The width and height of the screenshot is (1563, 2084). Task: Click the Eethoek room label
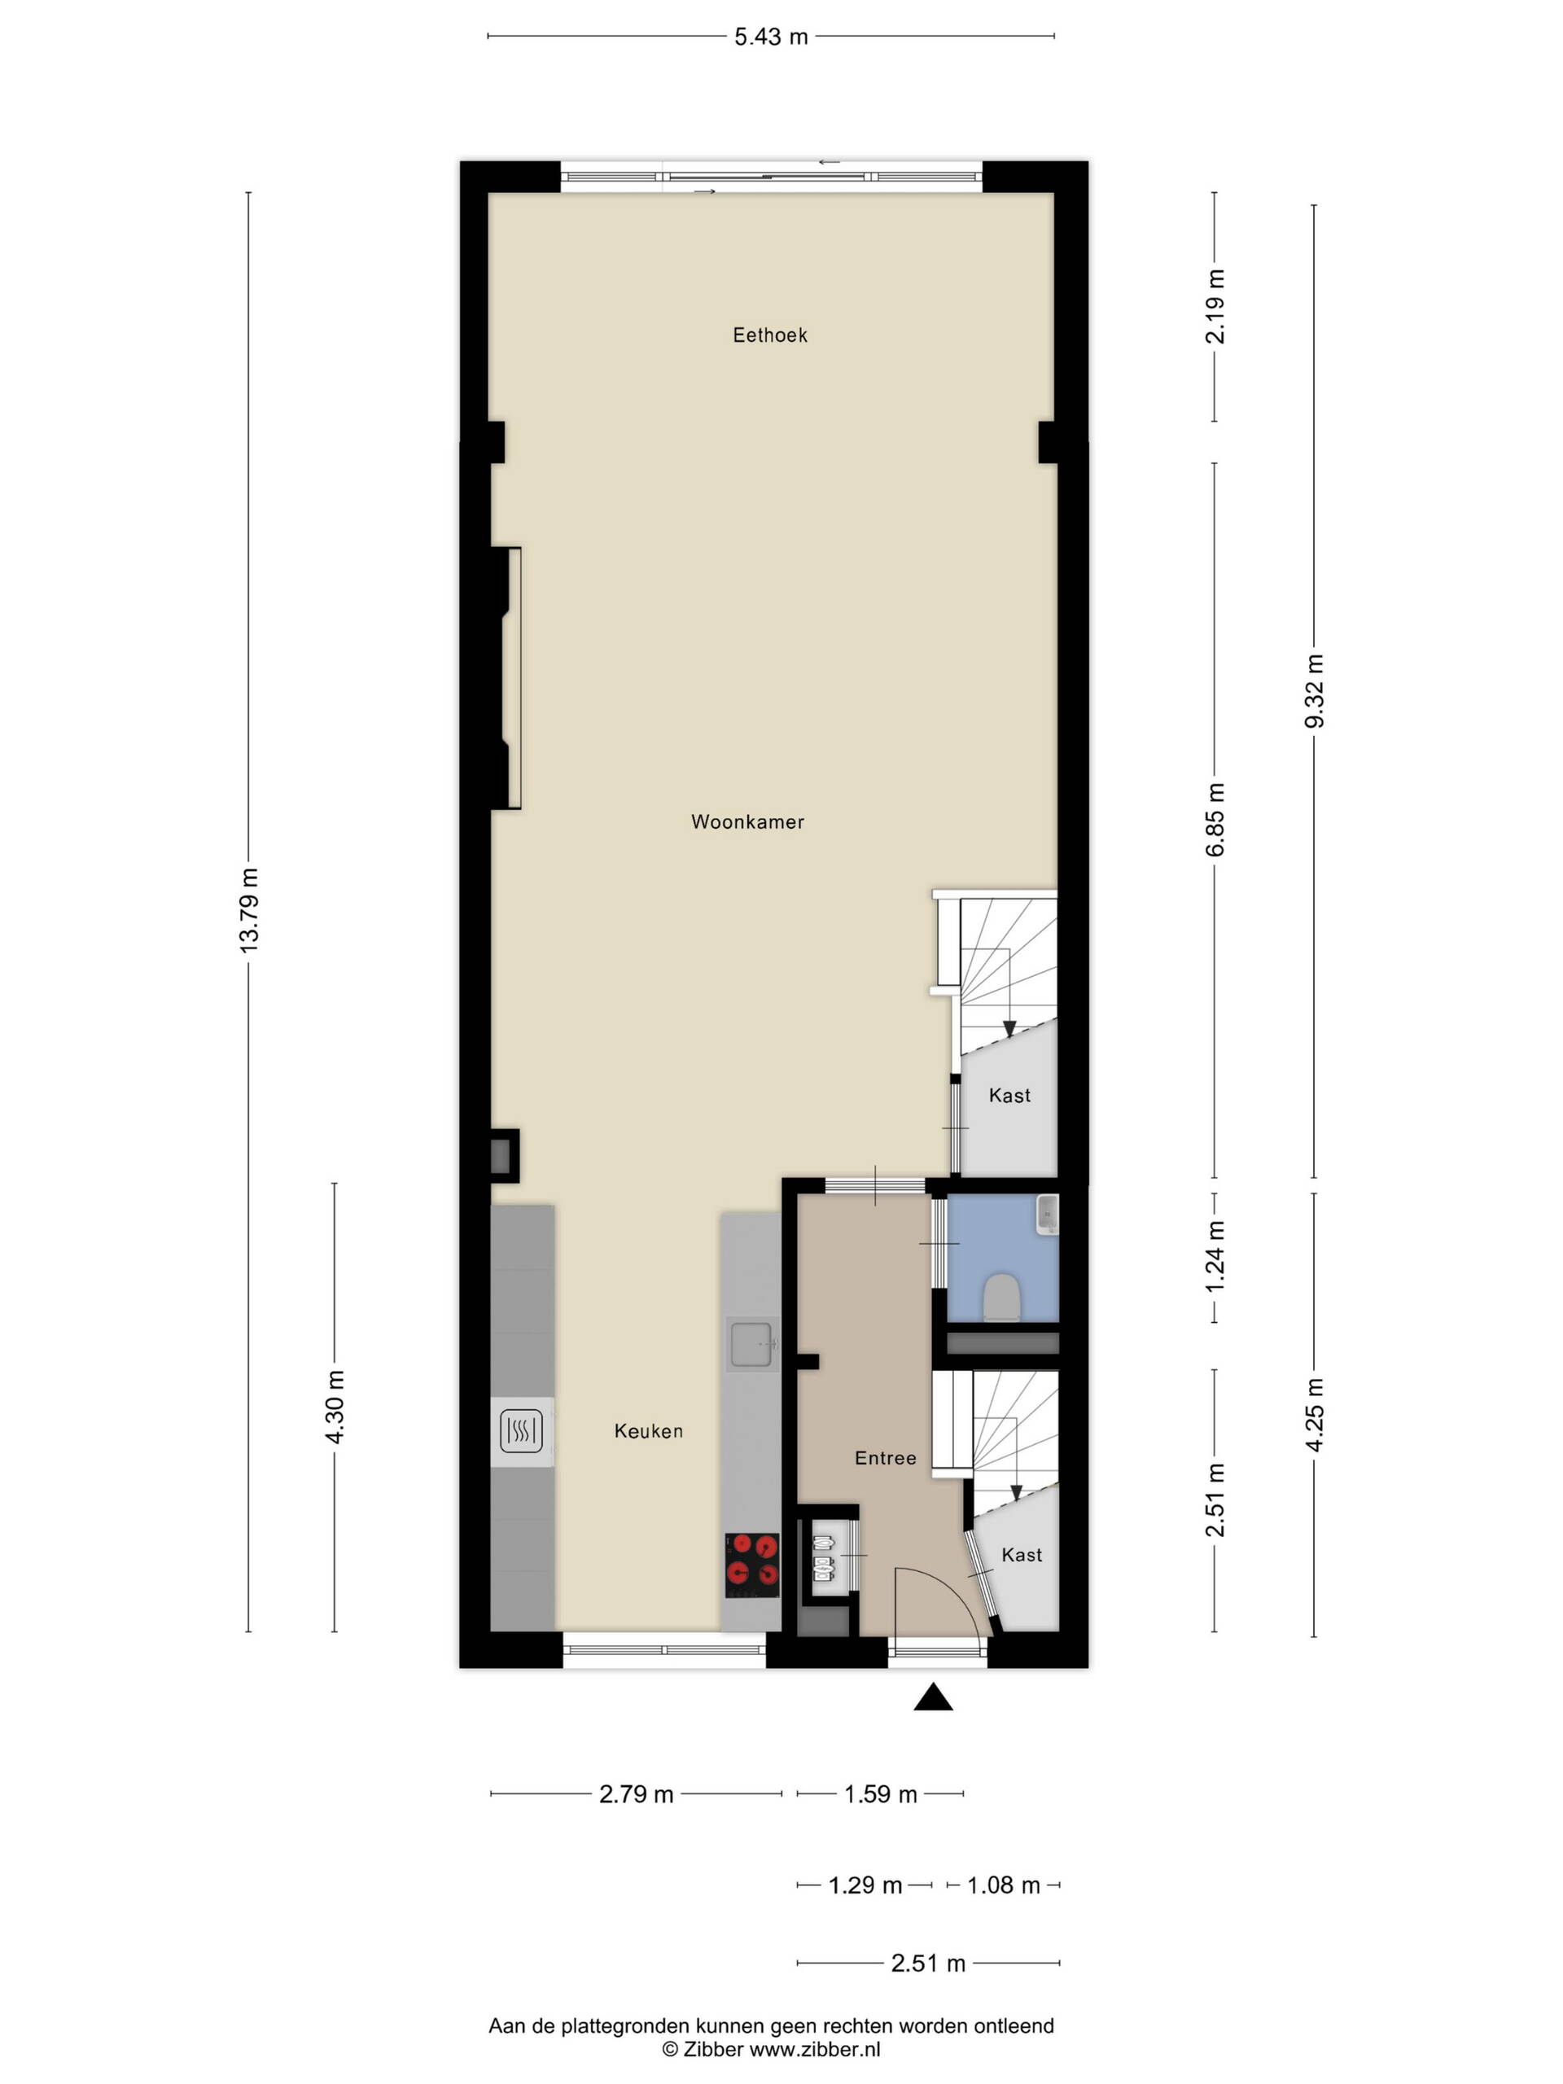(770, 335)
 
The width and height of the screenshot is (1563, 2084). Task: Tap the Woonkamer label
(747, 821)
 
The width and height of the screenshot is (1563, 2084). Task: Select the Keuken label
(648, 1431)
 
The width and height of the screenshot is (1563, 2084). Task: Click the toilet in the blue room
(1000, 1298)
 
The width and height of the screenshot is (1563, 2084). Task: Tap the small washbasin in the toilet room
(1047, 1215)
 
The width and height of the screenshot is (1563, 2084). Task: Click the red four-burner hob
(752, 1565)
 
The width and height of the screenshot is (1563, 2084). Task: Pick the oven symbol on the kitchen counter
(521, 1431)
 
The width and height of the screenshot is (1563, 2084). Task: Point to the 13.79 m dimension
(249, 911)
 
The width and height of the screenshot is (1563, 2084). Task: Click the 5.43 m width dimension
(771, 37)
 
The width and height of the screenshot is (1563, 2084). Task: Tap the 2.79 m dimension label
(636, 1794)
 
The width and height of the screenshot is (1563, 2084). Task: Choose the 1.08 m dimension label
(1004, 1885)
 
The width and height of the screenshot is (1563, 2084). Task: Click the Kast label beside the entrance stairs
(1022, 1555)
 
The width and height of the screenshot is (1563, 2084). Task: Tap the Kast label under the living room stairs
(1009, 1095)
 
